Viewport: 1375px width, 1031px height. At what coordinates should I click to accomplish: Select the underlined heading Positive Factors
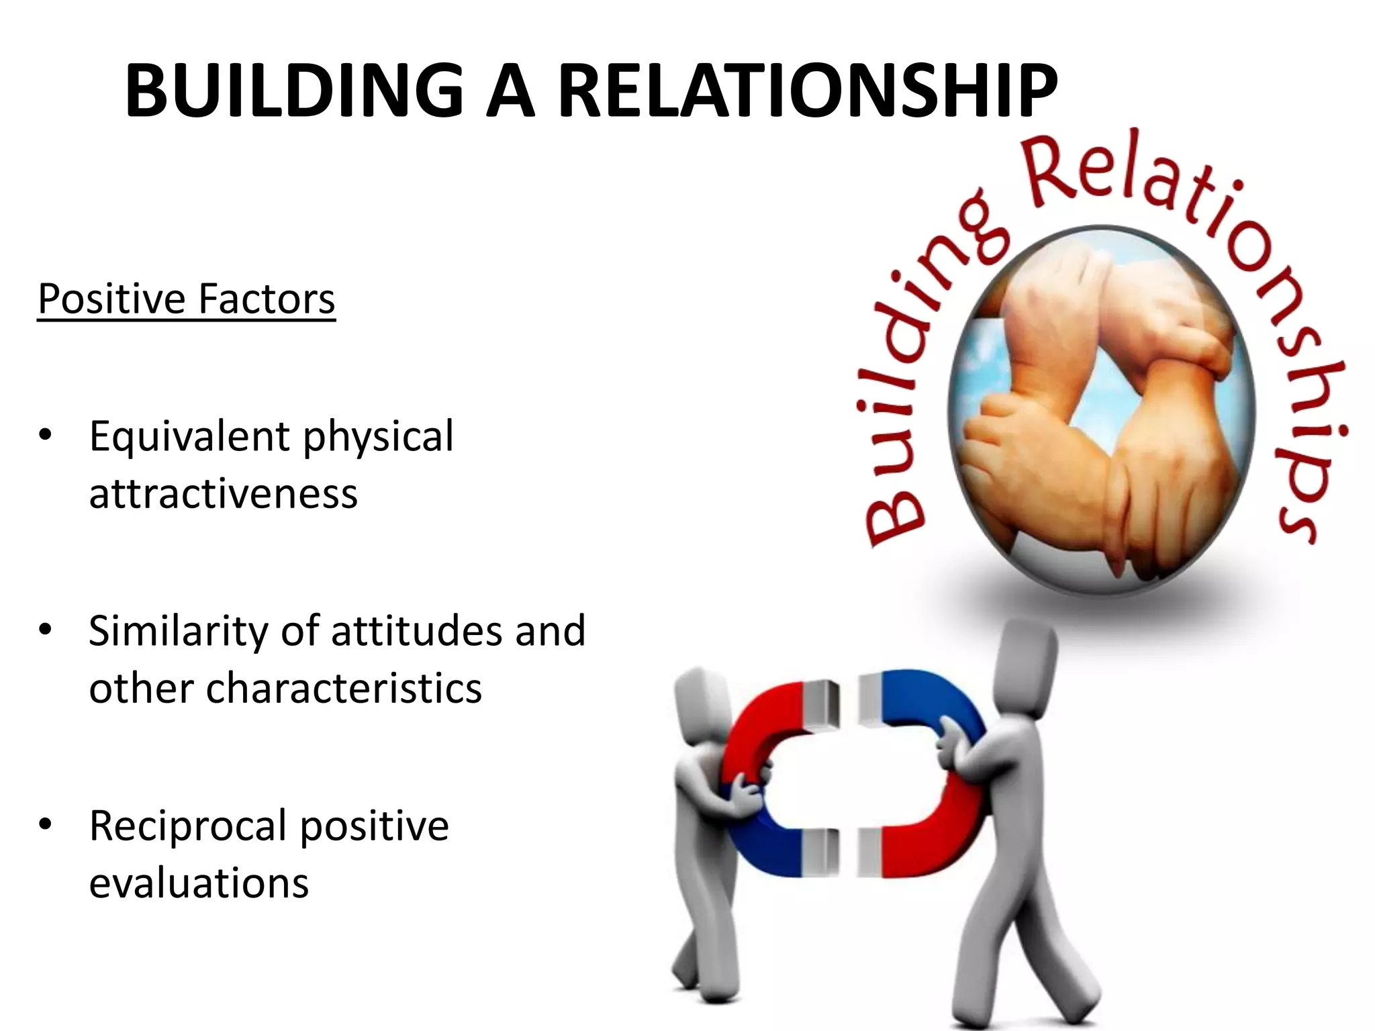(x=186, y=299)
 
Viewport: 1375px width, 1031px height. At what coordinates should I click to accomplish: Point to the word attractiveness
(x=223, y=494)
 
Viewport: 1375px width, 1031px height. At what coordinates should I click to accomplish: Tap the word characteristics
(x=344, y=689)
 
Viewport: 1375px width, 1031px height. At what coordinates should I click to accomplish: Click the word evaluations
(x=199, y=883)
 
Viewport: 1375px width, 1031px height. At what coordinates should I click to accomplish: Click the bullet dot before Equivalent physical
(x=45, y=435)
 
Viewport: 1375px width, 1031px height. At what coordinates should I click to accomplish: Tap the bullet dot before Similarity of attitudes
(x=45, y=630)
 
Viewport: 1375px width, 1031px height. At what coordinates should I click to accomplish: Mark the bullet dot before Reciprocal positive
(x=45, y=824)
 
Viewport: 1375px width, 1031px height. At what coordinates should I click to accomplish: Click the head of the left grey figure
(x=698, y=698)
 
